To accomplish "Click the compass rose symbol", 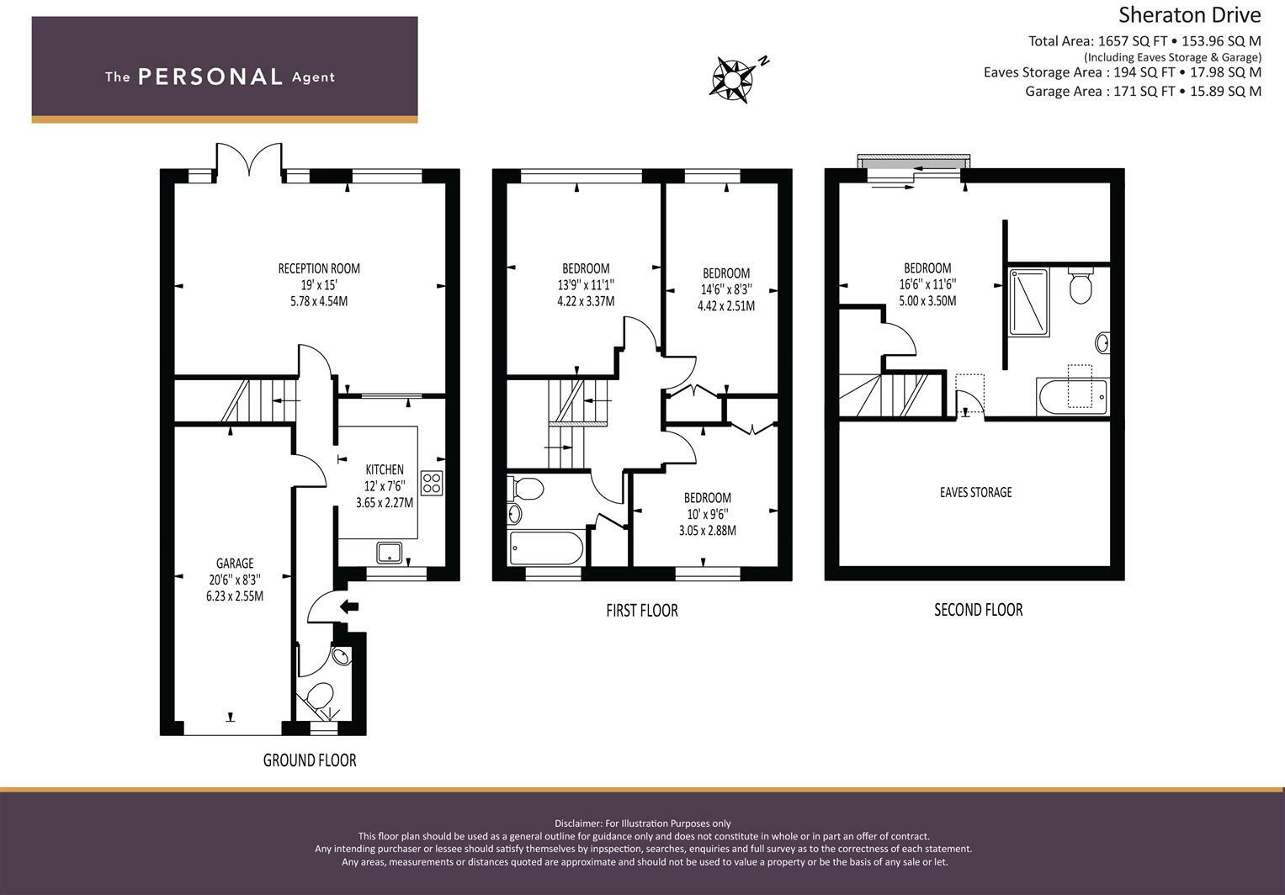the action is coord(733,81).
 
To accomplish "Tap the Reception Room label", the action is coord(319,268).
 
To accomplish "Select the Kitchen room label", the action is coord(385,469).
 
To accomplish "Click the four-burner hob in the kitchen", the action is coord(432,483).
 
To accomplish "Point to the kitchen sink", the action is coord(390,553).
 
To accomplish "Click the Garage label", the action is coord(235,563).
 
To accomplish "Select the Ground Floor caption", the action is coord(310,760).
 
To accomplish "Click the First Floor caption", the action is coord(642,610).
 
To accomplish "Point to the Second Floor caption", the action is coord(978,610).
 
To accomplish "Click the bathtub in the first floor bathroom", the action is coord(547,548).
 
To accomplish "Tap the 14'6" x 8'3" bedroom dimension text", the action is coord(726,289).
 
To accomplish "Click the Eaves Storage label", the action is coord(976,492).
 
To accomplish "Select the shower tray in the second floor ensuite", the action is coord(1029,302).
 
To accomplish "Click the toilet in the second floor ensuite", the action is coord(1081,285).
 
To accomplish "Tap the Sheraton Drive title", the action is coord(1189,15).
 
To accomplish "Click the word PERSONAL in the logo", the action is coord(210,77).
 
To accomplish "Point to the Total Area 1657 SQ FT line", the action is coord(1144,41).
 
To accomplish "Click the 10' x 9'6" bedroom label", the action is coord(708,514).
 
